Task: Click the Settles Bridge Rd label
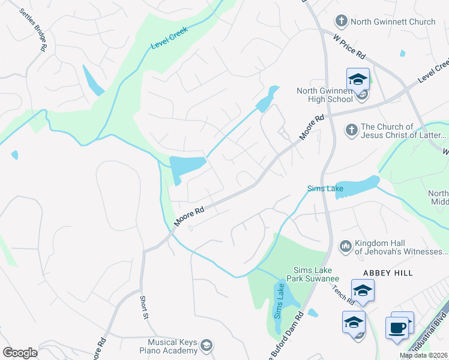tap(33, 30)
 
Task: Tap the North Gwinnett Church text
tap(393, 22)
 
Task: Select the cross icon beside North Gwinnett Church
tap(341, 22)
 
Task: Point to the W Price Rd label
tap(349, 46)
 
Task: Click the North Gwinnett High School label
tap(325, 95)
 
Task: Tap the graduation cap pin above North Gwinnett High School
tap(358, 80)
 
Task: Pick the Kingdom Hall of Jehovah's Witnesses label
tap(400, 247)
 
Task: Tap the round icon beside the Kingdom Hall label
tap(345, 246)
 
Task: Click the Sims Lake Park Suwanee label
tap(316, 274)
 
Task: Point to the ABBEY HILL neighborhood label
tap(388, 273)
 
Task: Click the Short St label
tap(143, 307)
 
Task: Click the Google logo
tap(20, 353)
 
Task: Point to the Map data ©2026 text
tap(424, 355)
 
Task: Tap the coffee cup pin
tap(397, 328)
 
